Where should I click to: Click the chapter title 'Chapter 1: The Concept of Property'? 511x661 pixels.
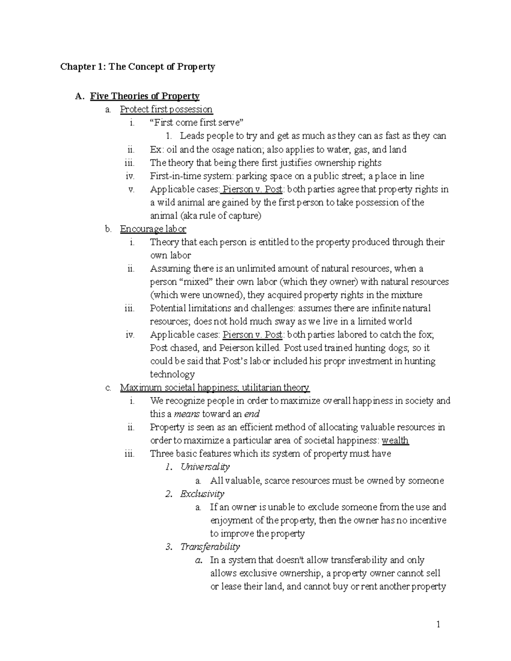click(138, 67)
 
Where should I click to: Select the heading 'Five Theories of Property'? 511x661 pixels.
click(145, 96)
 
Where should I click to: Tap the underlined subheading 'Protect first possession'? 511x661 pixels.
click(166, 109)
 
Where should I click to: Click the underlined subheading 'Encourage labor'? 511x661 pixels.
click(153, 229)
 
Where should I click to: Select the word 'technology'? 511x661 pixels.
click(172, 375)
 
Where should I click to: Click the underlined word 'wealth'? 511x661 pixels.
click(395, 441)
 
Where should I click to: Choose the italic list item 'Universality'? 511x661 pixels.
click(205, 467)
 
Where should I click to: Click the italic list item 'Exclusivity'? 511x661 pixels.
click(202, 494)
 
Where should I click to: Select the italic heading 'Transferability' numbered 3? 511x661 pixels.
click(210, 547)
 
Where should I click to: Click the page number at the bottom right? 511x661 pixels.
click(438, 625)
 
